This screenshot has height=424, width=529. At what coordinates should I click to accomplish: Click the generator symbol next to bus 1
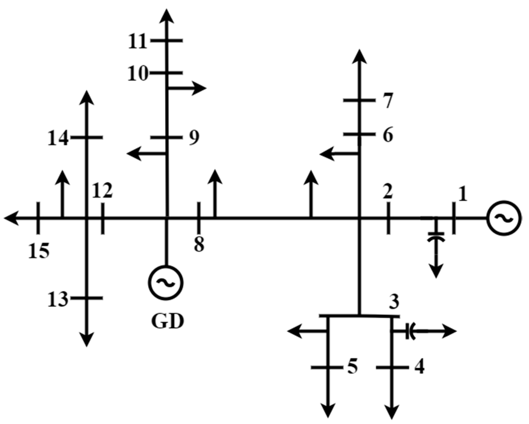504,218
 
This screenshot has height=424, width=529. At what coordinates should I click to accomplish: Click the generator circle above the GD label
166,282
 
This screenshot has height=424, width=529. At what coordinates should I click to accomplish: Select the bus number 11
137,42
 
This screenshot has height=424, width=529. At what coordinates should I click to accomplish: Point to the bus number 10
138,74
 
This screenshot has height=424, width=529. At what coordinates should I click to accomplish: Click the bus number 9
194,138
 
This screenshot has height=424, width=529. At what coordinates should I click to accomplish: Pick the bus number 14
58,138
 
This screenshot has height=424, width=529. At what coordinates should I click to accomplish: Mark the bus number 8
199,244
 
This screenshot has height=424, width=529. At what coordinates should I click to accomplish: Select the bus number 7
388,101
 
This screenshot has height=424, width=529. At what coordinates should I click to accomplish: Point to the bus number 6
388,135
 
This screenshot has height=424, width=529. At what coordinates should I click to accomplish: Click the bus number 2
388,192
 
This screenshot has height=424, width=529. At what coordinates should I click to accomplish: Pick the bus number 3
394,302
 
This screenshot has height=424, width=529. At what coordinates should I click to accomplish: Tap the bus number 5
352,367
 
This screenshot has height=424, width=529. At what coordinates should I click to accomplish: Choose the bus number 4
419,367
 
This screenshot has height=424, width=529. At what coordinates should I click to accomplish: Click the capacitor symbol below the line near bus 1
436,237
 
